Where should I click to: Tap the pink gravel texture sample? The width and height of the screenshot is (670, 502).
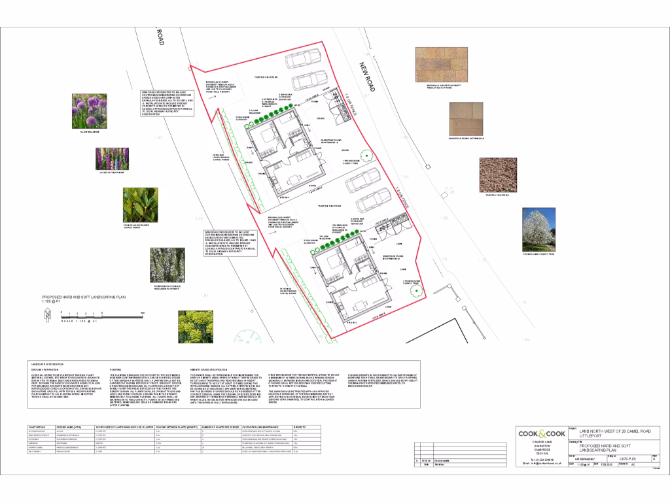coord(497,174)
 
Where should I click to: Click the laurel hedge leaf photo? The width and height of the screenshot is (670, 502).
coord(140,205)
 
